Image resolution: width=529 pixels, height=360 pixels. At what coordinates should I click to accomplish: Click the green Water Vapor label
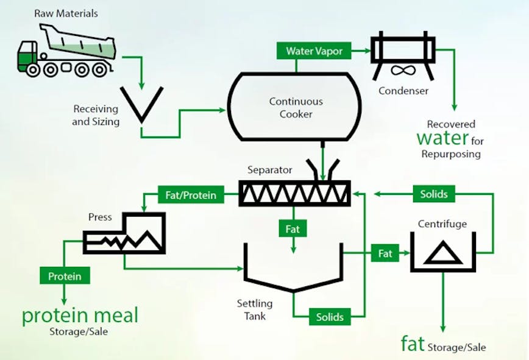tap(314, 51)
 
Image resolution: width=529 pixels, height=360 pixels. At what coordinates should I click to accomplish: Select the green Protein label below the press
tap(65, 276)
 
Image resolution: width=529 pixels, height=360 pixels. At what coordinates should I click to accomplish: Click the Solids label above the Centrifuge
tap(434, 194)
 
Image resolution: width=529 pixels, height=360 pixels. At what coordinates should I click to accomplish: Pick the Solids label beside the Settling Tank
tap(330, 317)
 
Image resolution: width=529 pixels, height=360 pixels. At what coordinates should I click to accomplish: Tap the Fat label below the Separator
tap(293, 229)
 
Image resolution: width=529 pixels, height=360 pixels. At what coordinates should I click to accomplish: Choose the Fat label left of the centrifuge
tap(385, 253)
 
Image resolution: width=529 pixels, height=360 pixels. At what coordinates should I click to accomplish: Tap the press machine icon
tap(126, 234)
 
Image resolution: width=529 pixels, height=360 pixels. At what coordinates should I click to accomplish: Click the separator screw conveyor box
tap(295, 194)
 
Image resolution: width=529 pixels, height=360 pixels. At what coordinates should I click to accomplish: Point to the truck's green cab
tap(27, 57)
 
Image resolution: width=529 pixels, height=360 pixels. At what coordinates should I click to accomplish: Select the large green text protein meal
tap(80, 316)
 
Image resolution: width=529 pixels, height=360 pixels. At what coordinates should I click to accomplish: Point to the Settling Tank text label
tap(255, 309)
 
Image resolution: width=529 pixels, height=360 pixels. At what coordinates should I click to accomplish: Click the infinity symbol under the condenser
tap(399, 71)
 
